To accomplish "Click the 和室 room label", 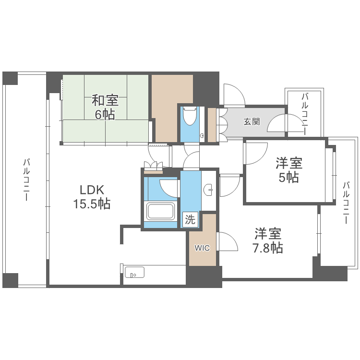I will pyautogui.click(x=105, y=101).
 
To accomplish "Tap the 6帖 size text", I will pyautogui.click(x=105, y=115).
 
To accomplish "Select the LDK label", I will pyautogui.click(x=92, y=189).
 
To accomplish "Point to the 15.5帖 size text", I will pyautogui.click(x=92, y=204).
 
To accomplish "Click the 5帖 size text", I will pyautogui.click(x=289, y=178).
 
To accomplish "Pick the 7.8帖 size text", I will pyautogui.click(x=268, y=248).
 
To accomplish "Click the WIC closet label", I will pyautogui.click(x=202, y=248).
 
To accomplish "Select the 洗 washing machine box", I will pyautogui.click(x=191, y=220).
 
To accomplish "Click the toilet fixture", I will pyautogui.click(x=190, y=116).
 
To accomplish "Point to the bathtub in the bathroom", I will pyautogui.click(x=162, y=211).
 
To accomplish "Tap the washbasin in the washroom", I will pyautogui.click(x=209, y=190).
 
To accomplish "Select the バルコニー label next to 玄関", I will pyautogui.click(x=304, y=113).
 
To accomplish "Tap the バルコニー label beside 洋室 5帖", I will pyautogui.click(x=346, y=202).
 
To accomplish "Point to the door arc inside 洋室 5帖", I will pyautogui.click(x=255, y=154).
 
